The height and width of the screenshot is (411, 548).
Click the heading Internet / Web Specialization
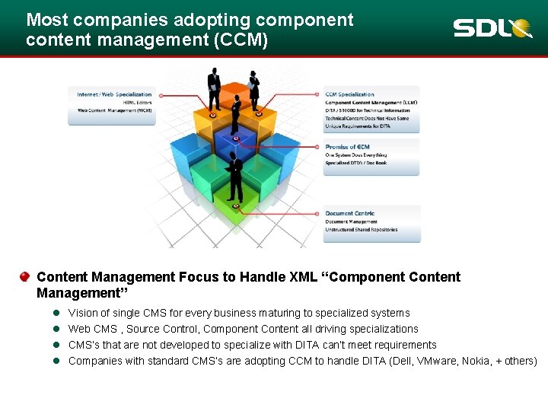pyautogui.click(x=114, y=94)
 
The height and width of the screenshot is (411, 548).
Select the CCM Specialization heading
pyautogui.click(x=349, y=94)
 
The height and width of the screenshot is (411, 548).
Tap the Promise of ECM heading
pyautogui.click(x=347, y=147)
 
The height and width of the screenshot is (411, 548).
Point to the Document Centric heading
pyautogui.click(x=349, y=213)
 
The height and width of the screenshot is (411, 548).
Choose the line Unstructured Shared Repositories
pyautogui.click(x=361, y=230)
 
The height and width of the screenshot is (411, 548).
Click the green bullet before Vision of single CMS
pyautogui.click(x=56, y=313)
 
